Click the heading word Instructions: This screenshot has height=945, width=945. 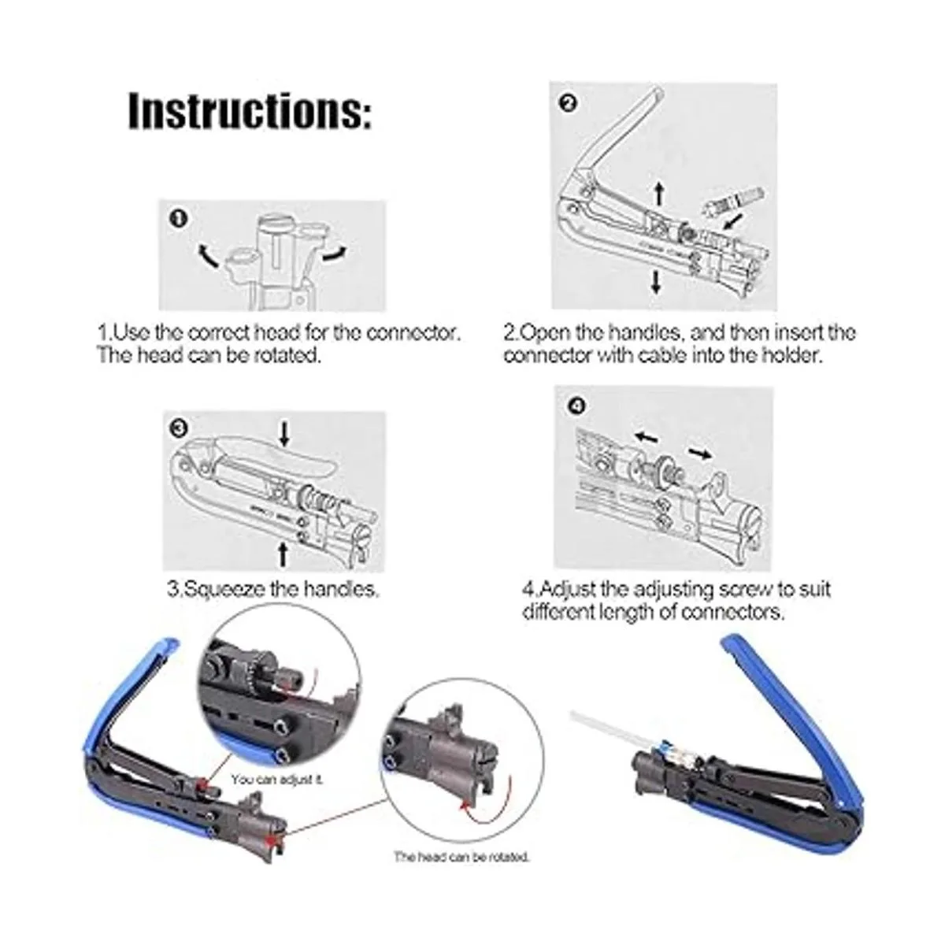point(249,111)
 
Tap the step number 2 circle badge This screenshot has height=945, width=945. point(569,103)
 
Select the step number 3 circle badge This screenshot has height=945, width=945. point(179,428)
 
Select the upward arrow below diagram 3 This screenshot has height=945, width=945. point(283,554)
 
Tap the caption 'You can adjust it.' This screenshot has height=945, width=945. point(276,780)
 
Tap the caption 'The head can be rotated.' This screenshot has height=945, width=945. point(461,856)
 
